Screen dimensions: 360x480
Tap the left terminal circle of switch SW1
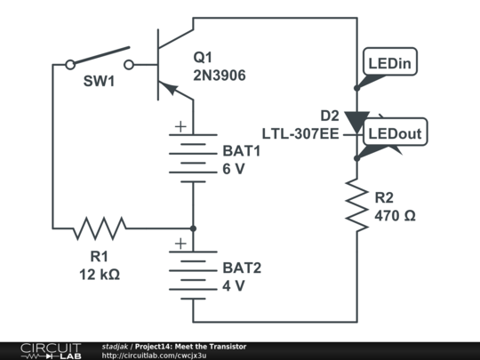[x=70, y=64]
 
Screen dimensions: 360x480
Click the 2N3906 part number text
[x=220, y=76]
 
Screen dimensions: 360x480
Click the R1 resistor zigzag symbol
[x=100, y=228]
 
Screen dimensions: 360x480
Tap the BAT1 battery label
[x=243, y=152]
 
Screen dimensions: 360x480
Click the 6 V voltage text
[x=233, y=169]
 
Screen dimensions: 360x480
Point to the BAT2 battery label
[x=243, y=268]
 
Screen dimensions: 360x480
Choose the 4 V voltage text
[x=233, y=285]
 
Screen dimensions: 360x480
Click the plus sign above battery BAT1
[x=181, y=127]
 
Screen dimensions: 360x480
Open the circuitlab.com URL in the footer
[x=154, y=356]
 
